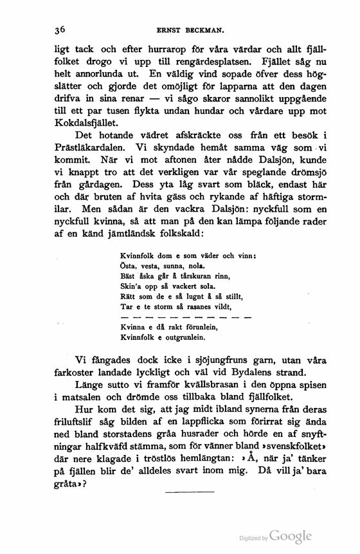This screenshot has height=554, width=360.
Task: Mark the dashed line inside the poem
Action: (x=186, y=317)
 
